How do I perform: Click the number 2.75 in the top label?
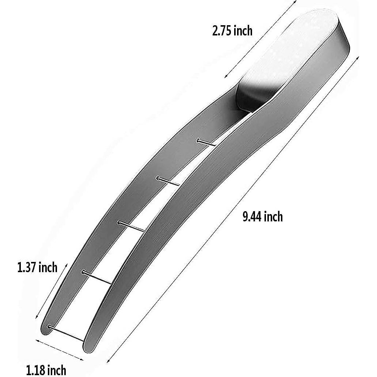[222, 31]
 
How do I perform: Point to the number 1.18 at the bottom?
[36, 370]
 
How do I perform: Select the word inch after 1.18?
[57, 370]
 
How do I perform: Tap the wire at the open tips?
[66, 333]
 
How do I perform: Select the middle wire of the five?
[132, 226]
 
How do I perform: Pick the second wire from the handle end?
[168, 181]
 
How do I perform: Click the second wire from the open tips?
[97, 277]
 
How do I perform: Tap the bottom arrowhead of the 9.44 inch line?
[108, 362]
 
